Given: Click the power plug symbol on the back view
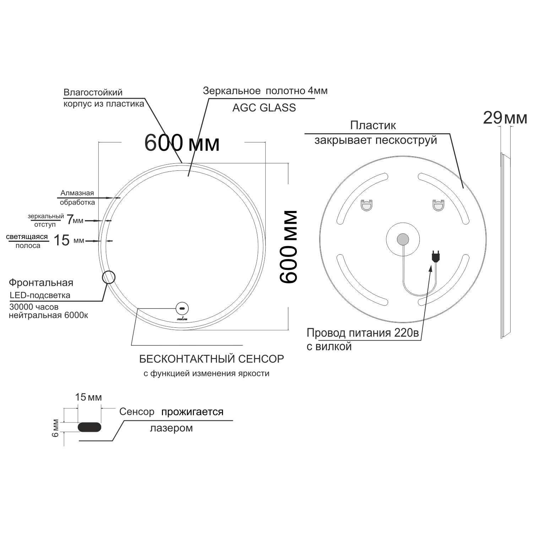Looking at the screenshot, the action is [x=435, y=256].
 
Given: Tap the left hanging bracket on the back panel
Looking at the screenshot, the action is [x=366, y=205].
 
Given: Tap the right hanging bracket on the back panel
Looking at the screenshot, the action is [x=438, y=205].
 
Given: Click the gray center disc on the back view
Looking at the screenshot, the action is [x=403, y=239].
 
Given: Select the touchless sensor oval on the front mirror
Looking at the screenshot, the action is [x=182, y=308].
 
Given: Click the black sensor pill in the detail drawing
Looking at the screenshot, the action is [x=89, y=427].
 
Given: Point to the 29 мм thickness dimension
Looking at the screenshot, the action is [x=505, y=118].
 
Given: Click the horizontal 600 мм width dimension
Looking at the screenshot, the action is [x=182, y=143].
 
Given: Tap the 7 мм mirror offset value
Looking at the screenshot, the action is [x=75, y=220].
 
